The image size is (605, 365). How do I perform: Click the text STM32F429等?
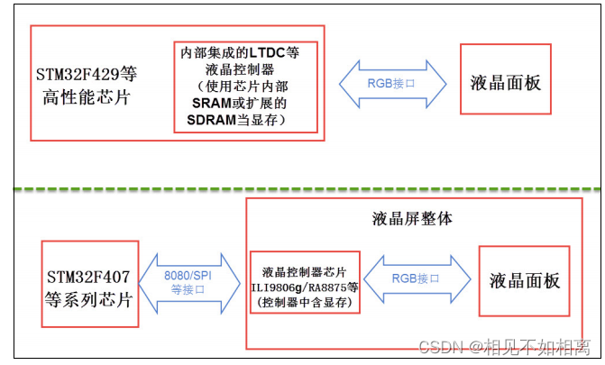(x=87, y=73)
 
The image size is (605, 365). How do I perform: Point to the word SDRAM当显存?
(x=245, y=120)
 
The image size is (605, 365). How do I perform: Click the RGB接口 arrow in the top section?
(x=392, y=83)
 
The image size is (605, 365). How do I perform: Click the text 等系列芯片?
(x=88, y=299)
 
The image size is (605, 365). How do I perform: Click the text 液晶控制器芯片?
(x=305, y=269)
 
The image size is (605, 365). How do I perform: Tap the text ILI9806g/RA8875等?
(x=305, y=286)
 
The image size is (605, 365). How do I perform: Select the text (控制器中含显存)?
(x=305, y=301)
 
